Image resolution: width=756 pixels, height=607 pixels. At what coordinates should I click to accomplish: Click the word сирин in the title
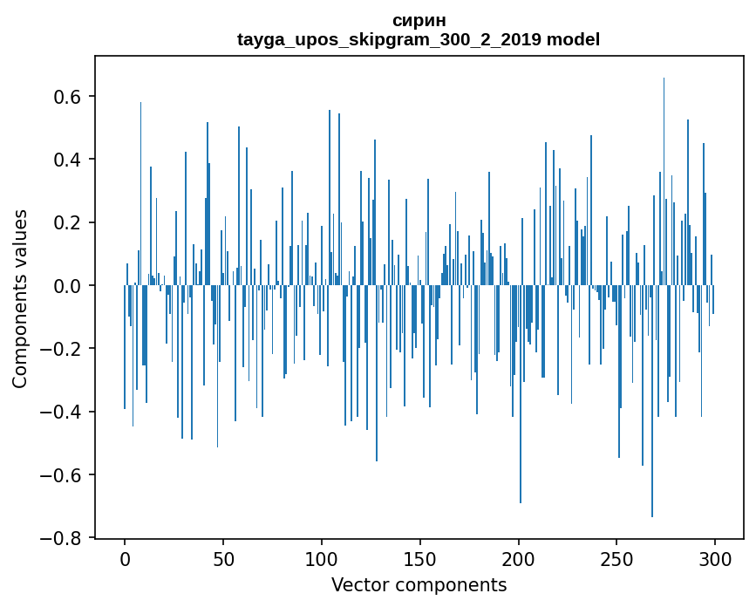[419, 20]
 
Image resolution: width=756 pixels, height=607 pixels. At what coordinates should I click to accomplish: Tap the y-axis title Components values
[20, 298]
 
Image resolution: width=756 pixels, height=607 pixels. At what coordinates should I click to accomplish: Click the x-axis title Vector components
[419, 584]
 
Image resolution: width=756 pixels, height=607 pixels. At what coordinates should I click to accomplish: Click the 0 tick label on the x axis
[125, 558]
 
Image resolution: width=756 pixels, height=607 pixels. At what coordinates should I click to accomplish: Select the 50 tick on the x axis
[223, 558]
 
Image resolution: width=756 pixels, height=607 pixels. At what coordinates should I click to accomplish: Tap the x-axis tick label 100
[322, 558]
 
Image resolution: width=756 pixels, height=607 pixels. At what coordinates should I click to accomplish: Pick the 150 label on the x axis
[420, 558]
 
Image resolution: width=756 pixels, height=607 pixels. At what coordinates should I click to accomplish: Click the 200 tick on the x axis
[519, 558]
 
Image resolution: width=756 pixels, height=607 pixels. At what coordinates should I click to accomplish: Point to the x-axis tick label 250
[617, 558]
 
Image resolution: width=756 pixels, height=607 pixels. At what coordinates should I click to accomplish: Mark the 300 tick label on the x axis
[715, 558]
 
